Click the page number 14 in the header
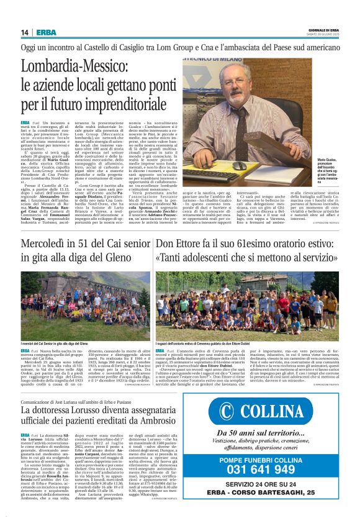[24, 32]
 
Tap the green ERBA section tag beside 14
[45, 32]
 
